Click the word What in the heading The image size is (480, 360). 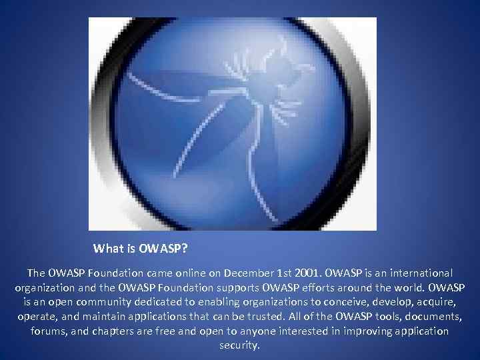pos(108,249)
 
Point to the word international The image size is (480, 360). pos(418,273)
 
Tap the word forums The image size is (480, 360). pos(49,331)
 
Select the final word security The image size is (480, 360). pos(240,346)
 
